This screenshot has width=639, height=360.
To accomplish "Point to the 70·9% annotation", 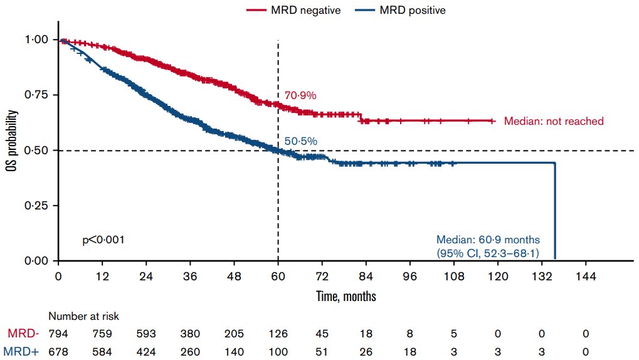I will [300, 96].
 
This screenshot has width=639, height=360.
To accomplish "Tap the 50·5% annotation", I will [300, 141].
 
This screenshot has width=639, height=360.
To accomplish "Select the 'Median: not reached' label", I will [554, 121].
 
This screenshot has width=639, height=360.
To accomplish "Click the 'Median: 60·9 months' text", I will [488, 240].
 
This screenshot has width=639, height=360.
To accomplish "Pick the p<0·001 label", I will [103, 240].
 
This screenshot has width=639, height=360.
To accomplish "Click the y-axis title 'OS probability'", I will [12, 150].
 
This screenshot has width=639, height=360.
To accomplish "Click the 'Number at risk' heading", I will [83, 317].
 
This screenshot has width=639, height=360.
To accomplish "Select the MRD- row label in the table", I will [23, 334].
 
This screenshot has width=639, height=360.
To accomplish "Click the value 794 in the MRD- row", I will [58, 334].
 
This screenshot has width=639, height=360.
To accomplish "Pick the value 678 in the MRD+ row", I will [58, 352].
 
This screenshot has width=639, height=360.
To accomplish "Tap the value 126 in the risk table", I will [278, 334].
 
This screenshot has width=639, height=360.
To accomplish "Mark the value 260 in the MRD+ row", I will [190, 352].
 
